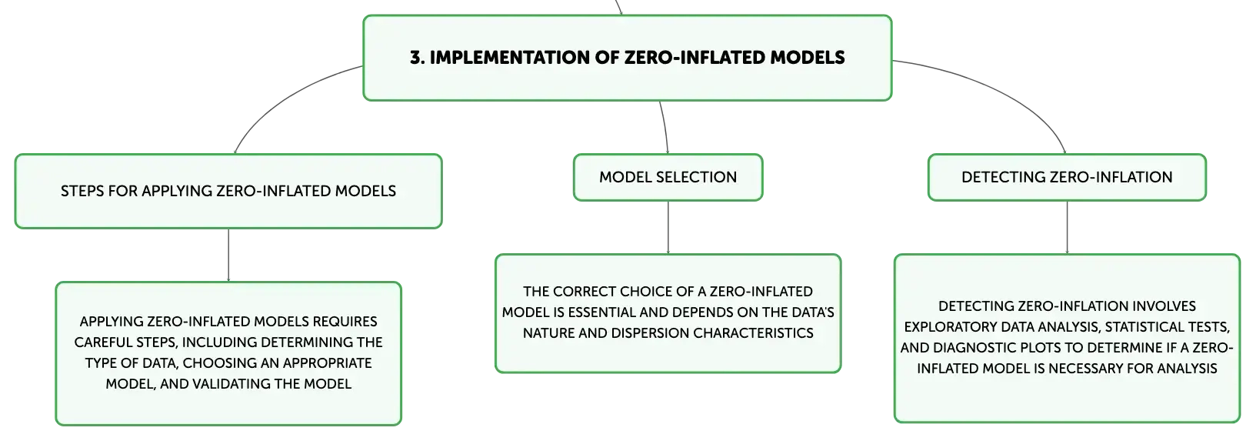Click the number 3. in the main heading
pyautogui.click(x=417, y=57)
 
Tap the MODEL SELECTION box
pyautogui.click(x=668, y=177)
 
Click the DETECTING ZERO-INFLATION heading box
pyautogui.click(x=1067, y=177)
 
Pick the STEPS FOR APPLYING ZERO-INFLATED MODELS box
pyautogui.click(x=228, y=192)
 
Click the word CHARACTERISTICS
pyautogui.click(x=753, y=332)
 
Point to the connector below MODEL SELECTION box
pyautogui.click(x=668, y=227)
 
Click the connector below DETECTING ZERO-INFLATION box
pyautogui.click(x=1067, y=227)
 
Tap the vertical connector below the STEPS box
pyautogui.click(x=228, y=256)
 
